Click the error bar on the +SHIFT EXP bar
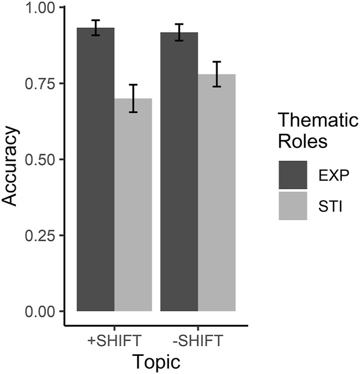pyautogui.click(x=95, y=28)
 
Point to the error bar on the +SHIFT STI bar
pyautogui.click(x=133, y=98)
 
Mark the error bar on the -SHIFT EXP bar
pyautogui.click(x=179, y=32)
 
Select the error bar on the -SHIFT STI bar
pyautogui.click(x=216, y=74)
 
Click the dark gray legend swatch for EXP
pyautogui.click(x=293, y=175)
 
